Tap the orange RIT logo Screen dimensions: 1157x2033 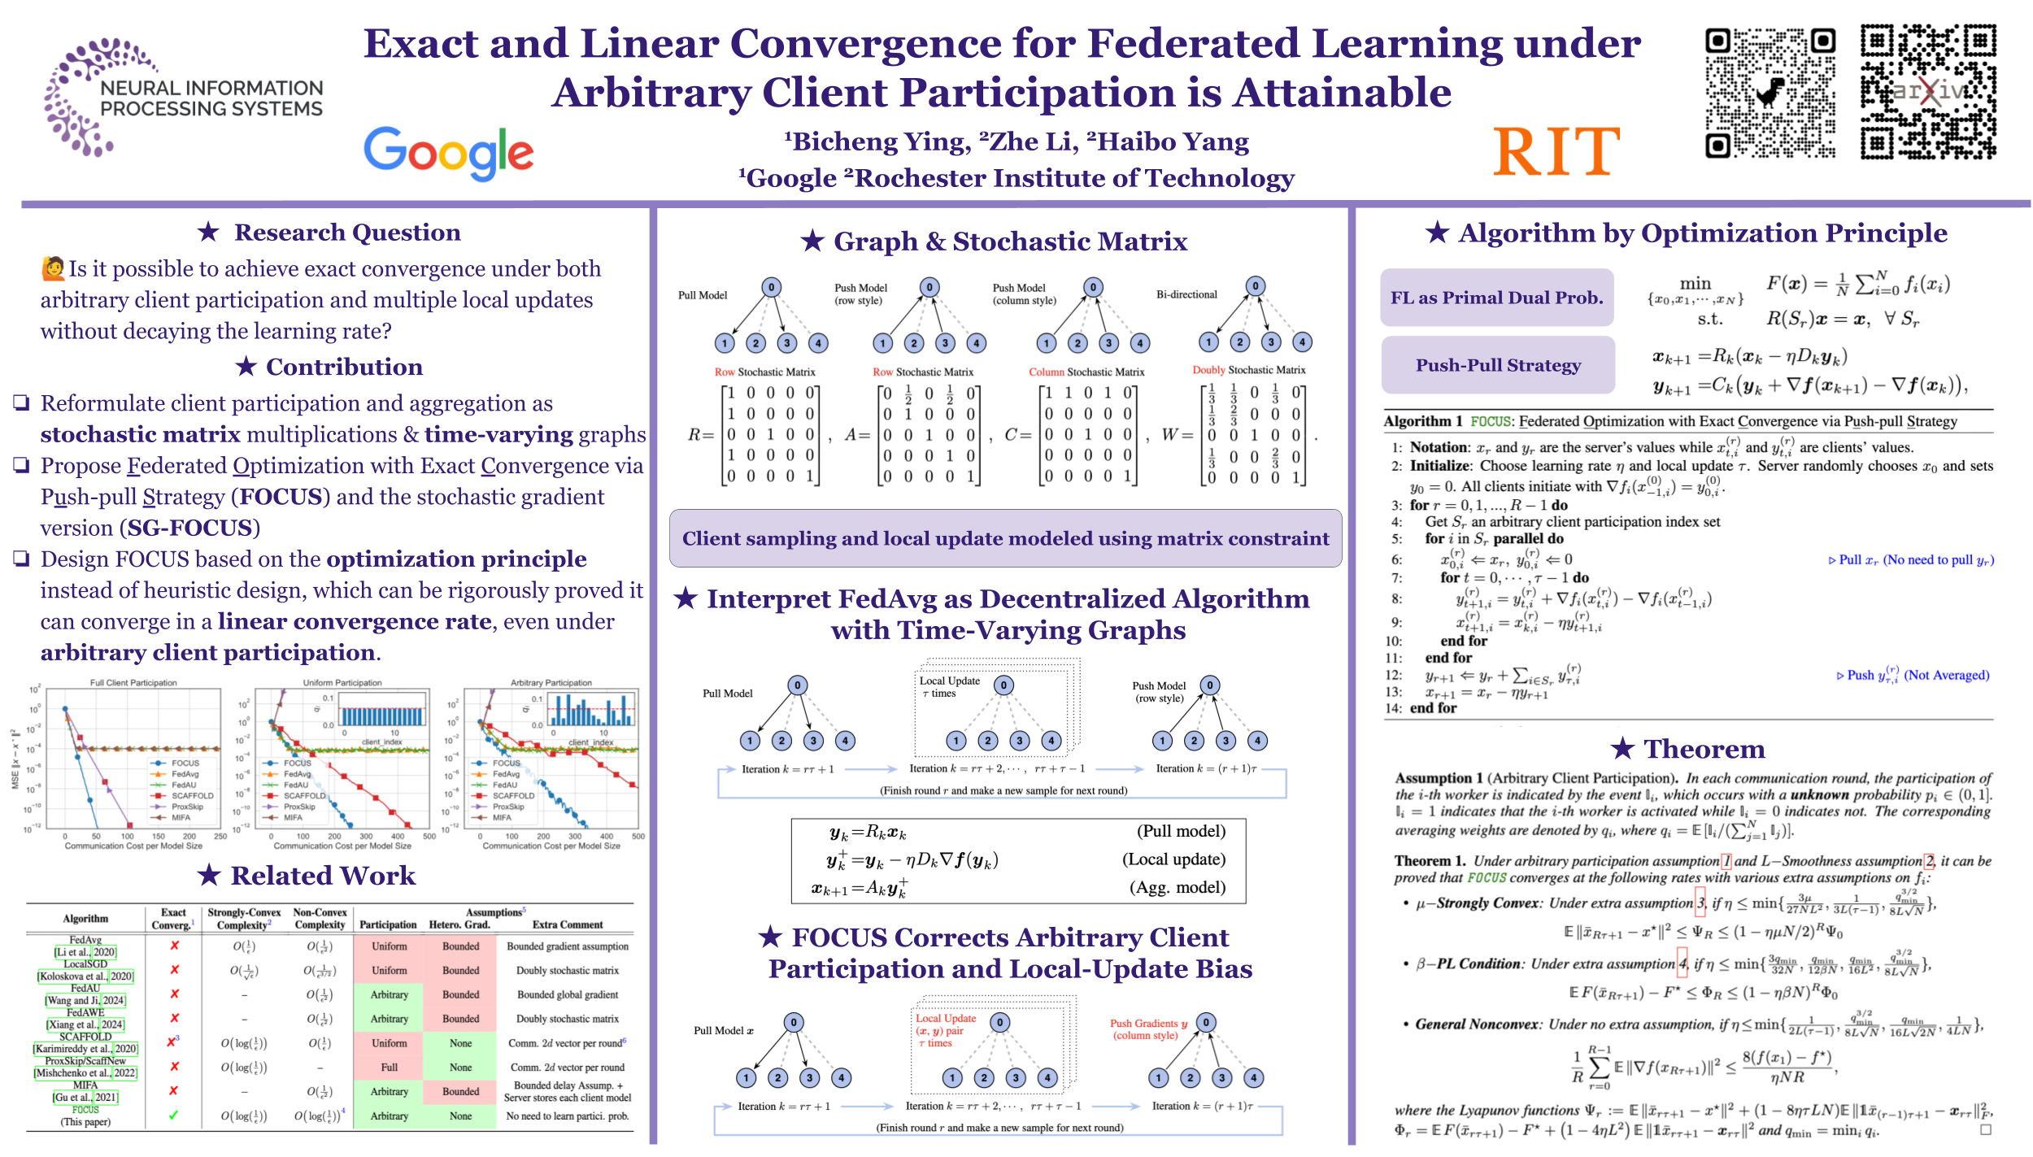(1556, 152)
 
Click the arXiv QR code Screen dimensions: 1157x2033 (1928, 91)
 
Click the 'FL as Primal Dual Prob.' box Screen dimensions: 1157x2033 (1496, 298)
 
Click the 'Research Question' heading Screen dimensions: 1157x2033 (347, 233)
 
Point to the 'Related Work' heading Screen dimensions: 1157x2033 (323, 876)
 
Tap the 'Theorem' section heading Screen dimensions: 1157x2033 (1704, 749)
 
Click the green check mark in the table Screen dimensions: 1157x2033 (173, 1116)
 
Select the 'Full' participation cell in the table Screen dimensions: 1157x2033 (390, 1068)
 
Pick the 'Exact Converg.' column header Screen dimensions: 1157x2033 (173, 919)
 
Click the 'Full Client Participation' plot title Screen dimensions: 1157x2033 (133, 683)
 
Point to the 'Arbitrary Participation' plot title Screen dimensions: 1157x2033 (551, 683)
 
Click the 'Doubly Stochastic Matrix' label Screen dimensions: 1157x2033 (1249, 370)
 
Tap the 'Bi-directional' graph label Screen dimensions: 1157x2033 (1186, 294)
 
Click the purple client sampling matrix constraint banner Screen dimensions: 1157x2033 (1005, 538)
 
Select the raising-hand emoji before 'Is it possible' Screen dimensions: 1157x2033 (53, 268)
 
